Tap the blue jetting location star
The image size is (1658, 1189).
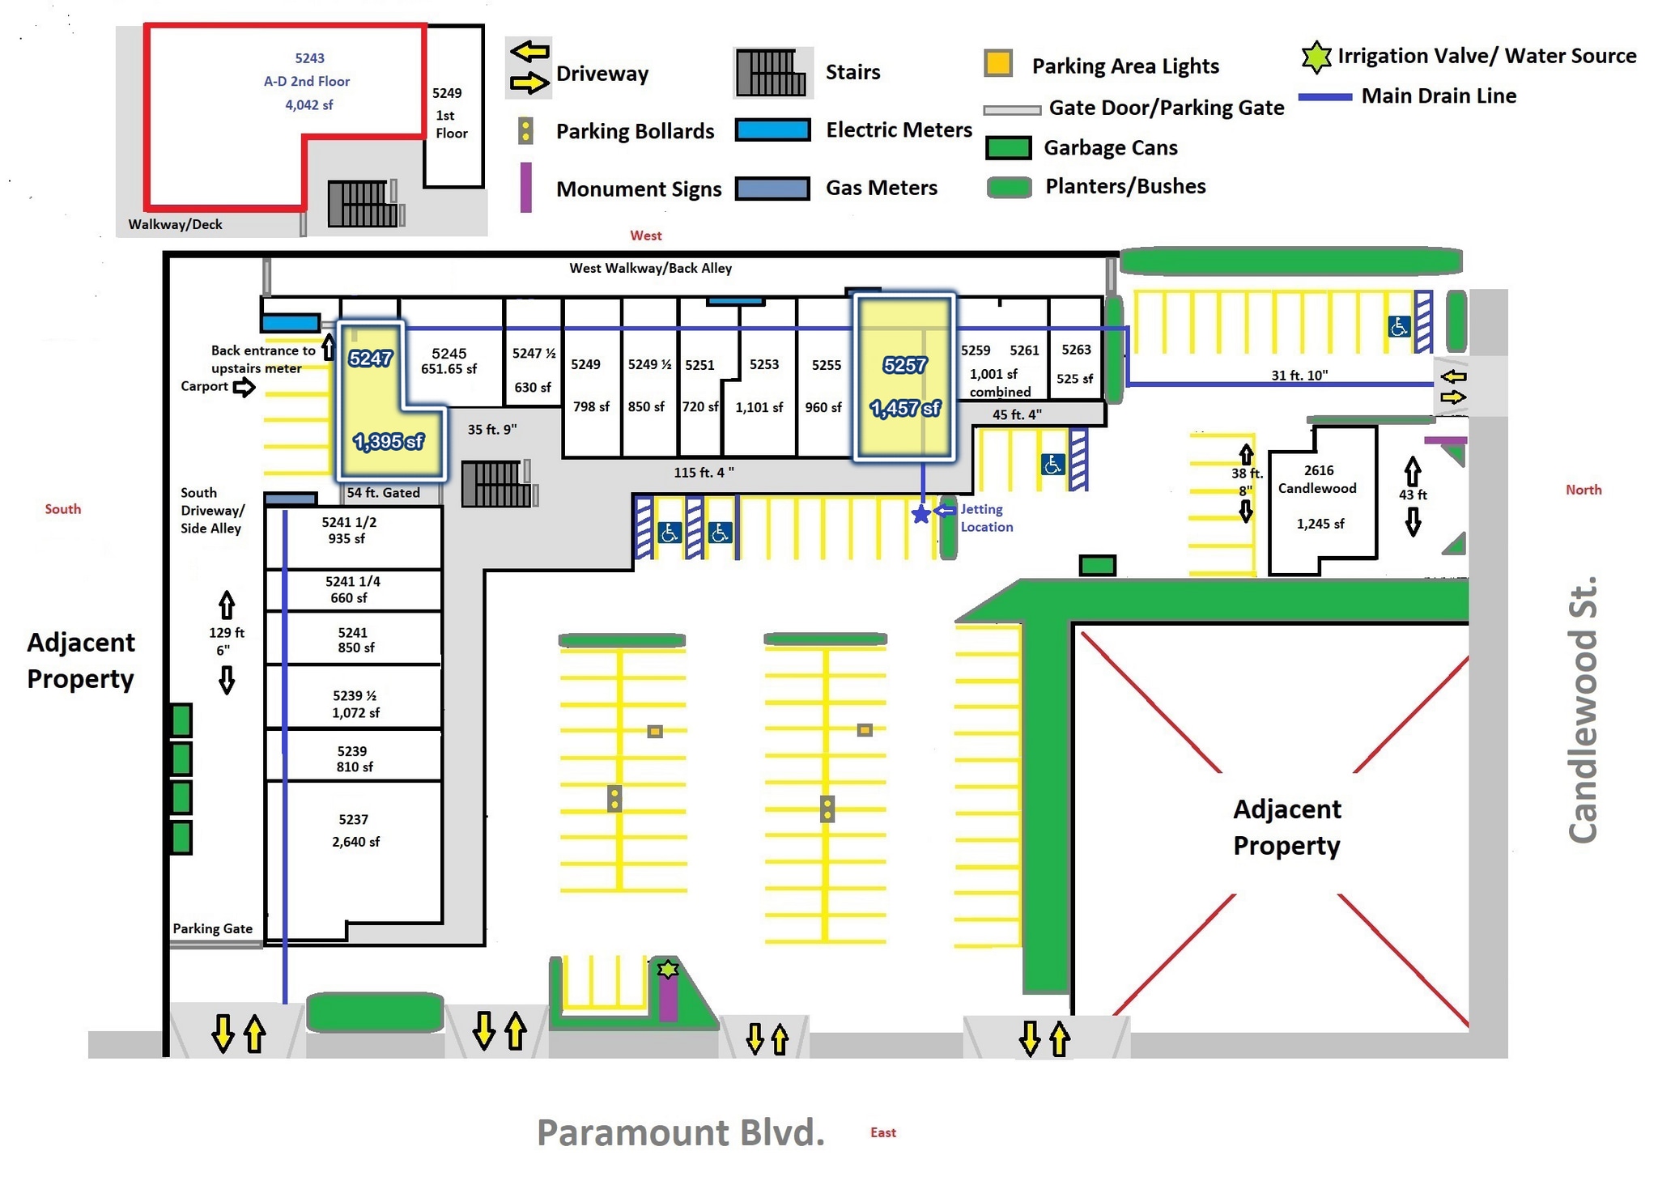tap(920, 514)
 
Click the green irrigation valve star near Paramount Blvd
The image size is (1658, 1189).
tap(667, 969)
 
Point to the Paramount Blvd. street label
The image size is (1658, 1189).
tap(680, 1132)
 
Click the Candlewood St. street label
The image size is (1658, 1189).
tap(1583, 710)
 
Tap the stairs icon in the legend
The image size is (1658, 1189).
tap(771, 73)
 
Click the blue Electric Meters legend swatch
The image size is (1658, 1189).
tap(772, 130)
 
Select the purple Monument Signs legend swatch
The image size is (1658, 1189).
tap(525, 188)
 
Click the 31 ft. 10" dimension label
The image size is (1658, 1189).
tap(1299, 376)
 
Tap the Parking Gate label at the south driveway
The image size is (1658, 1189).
tap(212, 928)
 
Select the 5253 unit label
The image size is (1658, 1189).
tap(763, 365)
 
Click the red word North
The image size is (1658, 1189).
tap(1583, 490)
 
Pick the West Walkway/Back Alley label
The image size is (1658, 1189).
tap(650, 269)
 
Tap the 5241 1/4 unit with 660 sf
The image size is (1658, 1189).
tap(353, 590)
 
